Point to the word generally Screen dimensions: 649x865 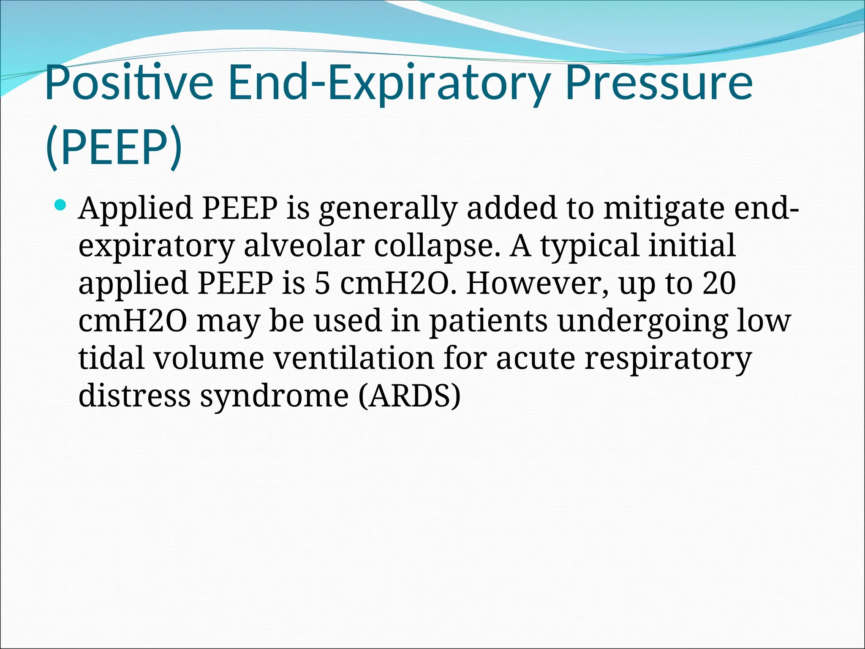(x=388, y=208)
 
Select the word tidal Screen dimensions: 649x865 (x=111, y=358)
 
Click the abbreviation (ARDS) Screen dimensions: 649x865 (x=409, y=395)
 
